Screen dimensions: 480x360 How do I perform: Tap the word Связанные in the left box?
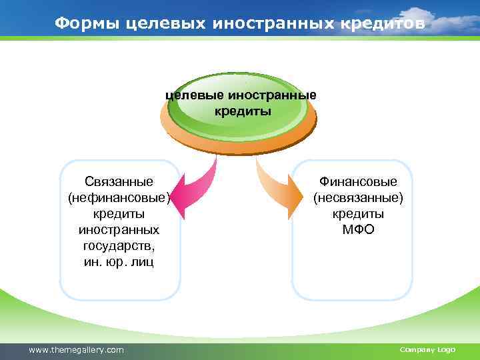point(119,181)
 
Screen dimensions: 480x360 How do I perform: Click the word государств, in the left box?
point(119,245)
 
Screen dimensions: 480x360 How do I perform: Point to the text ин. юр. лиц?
point(119,261)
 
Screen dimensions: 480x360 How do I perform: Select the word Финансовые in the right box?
point(358,181)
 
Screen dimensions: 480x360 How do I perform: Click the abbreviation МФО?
point(358,230)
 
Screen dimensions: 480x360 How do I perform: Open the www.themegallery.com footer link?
point(77,349)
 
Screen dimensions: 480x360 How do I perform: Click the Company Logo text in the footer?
point(427,349)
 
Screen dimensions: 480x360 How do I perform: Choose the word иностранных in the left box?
point(119,229)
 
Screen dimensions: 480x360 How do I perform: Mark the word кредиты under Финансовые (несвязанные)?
point(358,213)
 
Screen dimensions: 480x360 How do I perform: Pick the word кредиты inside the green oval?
point(243,111)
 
